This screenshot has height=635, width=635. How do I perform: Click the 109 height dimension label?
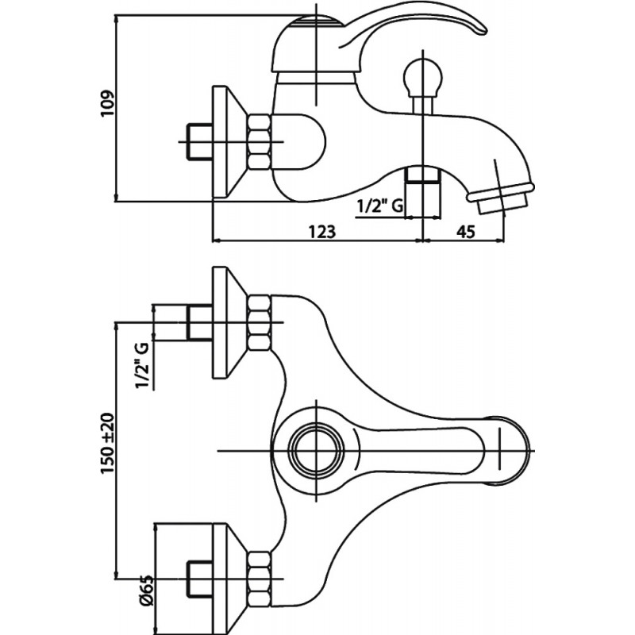click(108, 104)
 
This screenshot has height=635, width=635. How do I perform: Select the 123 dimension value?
click(322, 232)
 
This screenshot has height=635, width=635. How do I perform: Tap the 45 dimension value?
click(465, 232)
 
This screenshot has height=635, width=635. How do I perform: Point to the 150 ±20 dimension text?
click(108, 444)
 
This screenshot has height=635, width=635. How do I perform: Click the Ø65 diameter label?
click(146, 590)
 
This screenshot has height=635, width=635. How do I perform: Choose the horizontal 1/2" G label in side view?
click(380, 206)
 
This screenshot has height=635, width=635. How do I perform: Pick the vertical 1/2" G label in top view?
click(143, 366)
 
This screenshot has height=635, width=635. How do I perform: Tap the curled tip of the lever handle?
click(479, 30)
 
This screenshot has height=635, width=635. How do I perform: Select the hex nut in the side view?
click(259, 142)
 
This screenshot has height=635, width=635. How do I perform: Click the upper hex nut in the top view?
click(259, 323)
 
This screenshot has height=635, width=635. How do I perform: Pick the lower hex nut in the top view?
click(259, 579)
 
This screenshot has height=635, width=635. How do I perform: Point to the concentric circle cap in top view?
click(316, 451)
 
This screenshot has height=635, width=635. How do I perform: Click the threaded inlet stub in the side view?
click(199, 142)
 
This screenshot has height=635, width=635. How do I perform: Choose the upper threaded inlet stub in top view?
click(199, 323)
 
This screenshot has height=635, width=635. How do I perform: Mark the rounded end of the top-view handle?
click(510, 450)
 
